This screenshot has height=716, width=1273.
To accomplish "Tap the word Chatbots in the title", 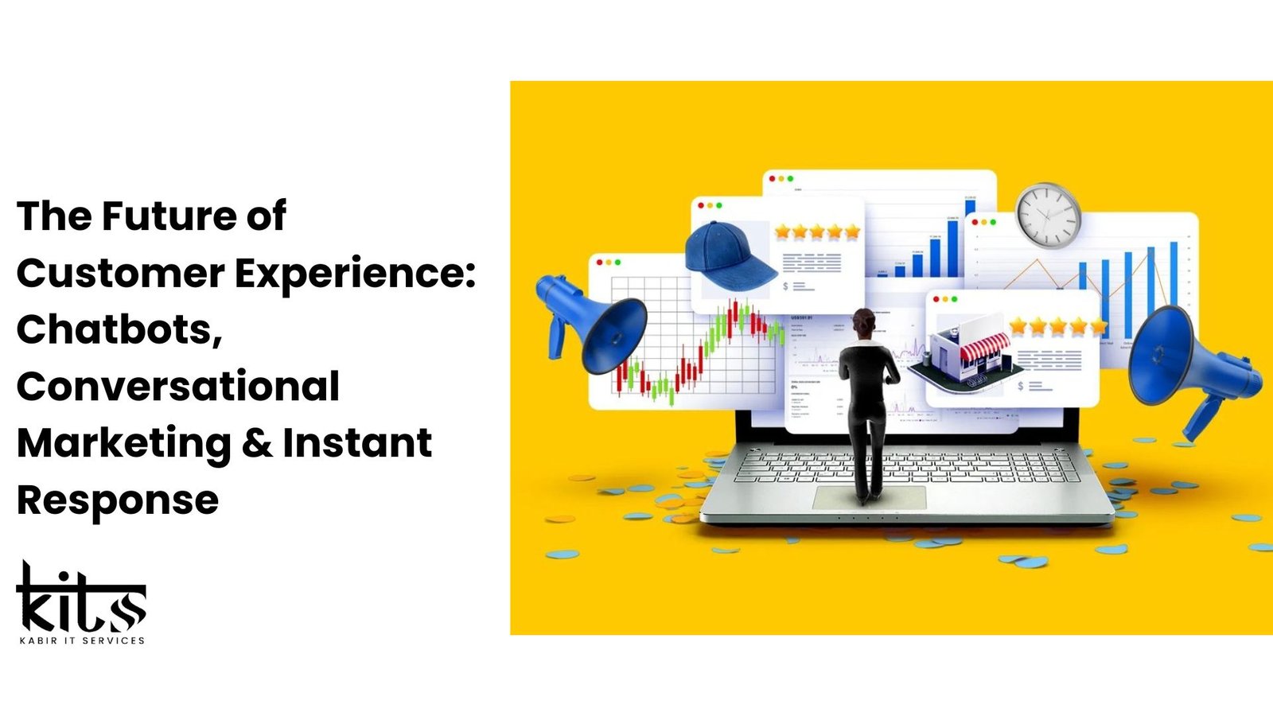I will pyautogui.click(x=119, y=329).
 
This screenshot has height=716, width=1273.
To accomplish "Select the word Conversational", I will pyautogui.click(x=178, y=387).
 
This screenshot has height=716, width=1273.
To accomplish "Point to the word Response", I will pyautogui.click(x=118, y=500).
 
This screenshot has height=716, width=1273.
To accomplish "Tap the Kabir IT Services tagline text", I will pyautogui.click(x=82, y=640).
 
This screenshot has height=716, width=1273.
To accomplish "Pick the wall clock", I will pyautogui.click(x=1048, y=215).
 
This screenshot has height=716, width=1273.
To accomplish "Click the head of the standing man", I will pyautogui.click(x=863, y=321).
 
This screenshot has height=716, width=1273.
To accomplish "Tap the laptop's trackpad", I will pyautogui.click(x=869, y=498).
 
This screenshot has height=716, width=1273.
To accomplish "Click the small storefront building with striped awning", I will pyautogui.click(x=967, y=354).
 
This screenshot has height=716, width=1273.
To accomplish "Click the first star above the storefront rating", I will pyautogui.click(x=1018, y=326).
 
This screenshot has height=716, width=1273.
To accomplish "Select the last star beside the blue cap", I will pyautogui.click(x=852, y=232).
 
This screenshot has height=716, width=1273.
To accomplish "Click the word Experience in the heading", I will pyautogui.click(x=348, y=274).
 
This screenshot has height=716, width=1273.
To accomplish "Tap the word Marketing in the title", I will pyautogui.click(x=124, y=443).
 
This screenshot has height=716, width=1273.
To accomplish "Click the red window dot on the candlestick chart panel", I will pyautogui.click(x=599, y=262).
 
